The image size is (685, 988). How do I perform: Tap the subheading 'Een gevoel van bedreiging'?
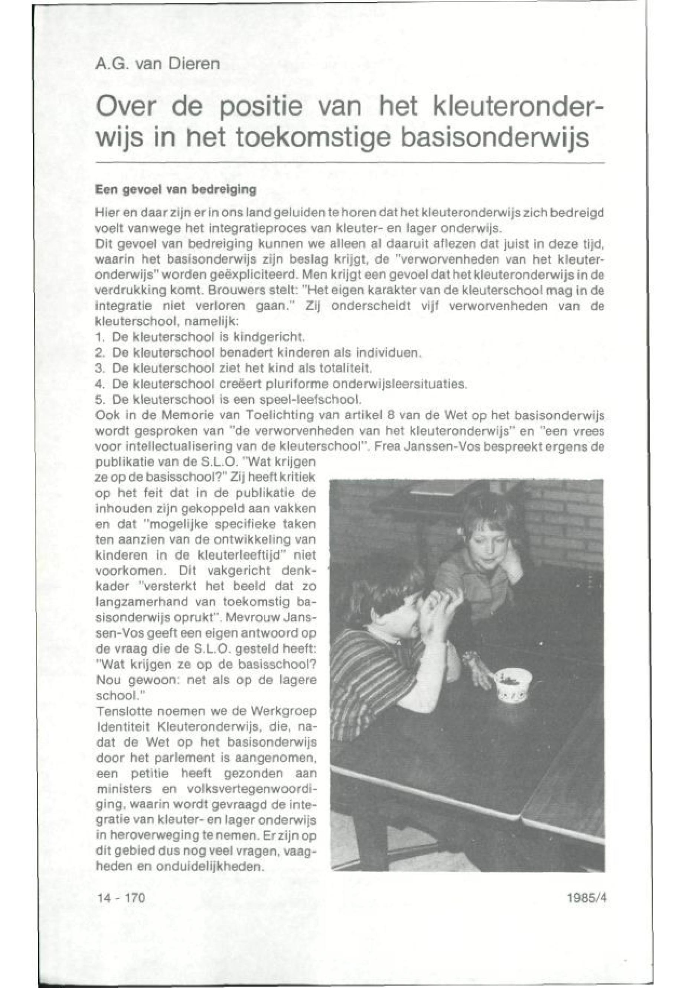tap(176, 190)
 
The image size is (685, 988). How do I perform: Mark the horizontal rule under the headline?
tap(350, 163)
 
